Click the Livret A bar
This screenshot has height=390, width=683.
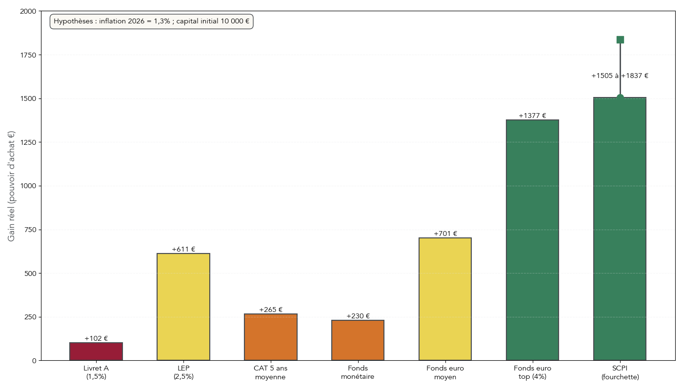(x=96, y=351)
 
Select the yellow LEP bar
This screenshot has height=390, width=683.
(x=183, y=307)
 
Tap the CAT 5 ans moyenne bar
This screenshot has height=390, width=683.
(x=271, y=337)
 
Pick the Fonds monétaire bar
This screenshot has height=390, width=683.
(x=358, y=340)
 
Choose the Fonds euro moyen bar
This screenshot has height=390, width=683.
(x=445, y=299)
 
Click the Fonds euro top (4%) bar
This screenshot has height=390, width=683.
(x=532, y=240)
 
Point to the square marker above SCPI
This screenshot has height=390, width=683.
(x=620, y=39)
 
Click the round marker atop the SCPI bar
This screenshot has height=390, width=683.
(x=620, y=98)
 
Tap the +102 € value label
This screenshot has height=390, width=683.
(x=96, y=338)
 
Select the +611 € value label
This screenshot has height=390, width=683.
(x=183, y=249)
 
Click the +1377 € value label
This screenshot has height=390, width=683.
(x=532, y=116)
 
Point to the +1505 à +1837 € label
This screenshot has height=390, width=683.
(x=620, y=76)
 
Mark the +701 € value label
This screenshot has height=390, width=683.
(x=445, y=234)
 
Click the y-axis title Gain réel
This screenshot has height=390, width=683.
(x=11, y=186)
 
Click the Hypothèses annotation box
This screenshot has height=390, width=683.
(x=151, y=21)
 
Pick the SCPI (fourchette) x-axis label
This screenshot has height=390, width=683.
(x=620, y=372)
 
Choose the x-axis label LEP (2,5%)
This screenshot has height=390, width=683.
(x=183, y=372)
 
